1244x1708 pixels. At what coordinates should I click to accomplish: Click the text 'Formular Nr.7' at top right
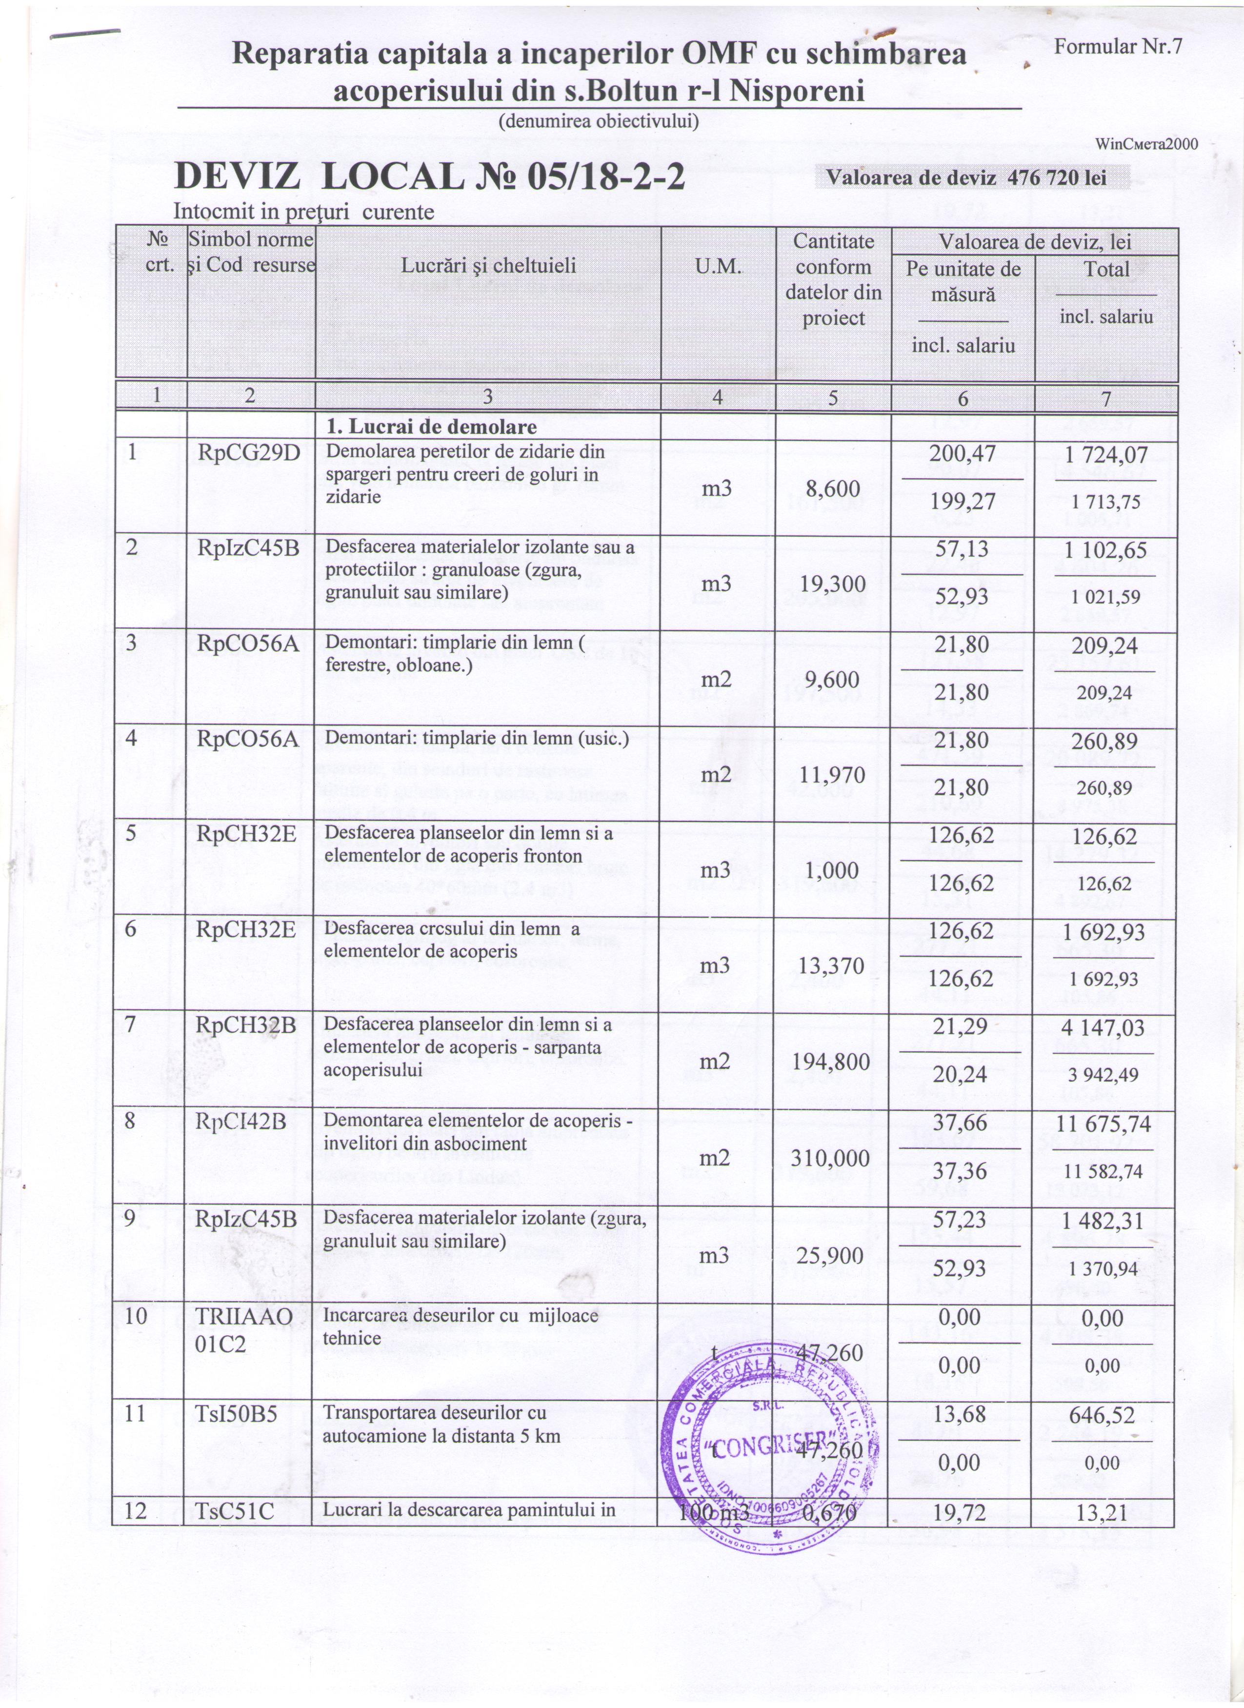click(1118, 47)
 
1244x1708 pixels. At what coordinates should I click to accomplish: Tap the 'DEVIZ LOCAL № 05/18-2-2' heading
click(429, 178)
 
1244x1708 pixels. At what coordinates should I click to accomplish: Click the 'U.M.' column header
click(718, 266)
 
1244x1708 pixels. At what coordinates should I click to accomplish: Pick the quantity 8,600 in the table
click(832, 489)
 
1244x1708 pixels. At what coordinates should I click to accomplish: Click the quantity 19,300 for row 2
click(832, 584)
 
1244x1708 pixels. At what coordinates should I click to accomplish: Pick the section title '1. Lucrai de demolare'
click(431, 427)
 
